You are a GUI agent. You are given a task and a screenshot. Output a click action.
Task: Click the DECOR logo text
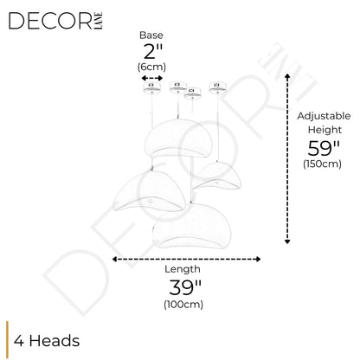coord(51,21)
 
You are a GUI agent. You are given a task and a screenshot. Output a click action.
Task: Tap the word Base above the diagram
coord(151,35)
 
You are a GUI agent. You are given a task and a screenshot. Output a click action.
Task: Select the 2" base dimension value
coord(153,51)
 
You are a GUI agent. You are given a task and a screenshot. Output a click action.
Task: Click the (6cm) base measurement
coord(151,67)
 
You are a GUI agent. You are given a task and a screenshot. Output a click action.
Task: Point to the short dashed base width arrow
coord(152,78)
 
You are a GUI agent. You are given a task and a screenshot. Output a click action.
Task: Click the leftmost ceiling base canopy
coord(151,87)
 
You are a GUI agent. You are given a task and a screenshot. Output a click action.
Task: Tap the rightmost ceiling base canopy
coord(217,87)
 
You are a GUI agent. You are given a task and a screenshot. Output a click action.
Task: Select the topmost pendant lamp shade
coord(178,138)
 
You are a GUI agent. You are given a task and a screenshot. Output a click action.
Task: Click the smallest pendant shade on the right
coord(217,176)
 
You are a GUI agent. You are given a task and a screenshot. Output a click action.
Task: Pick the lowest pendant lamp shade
coord(191,226)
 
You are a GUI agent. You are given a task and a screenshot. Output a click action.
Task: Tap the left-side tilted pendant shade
coord(149,191)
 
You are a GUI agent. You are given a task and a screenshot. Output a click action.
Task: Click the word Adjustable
coord(324,116)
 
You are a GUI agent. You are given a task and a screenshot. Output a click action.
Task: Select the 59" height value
coord(324,149)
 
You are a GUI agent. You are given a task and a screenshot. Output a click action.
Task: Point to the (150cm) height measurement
coord(322,164)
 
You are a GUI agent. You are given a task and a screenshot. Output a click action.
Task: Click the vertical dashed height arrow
coord(287,158)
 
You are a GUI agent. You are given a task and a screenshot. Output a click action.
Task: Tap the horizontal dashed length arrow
coord(186,259)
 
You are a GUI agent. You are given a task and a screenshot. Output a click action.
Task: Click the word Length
coord(183,269)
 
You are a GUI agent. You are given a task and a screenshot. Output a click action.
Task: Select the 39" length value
coord(185,287)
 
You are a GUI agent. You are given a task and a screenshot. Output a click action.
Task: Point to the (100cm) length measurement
coord(183,305)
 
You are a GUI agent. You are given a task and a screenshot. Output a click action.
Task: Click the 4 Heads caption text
coord(47,341)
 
